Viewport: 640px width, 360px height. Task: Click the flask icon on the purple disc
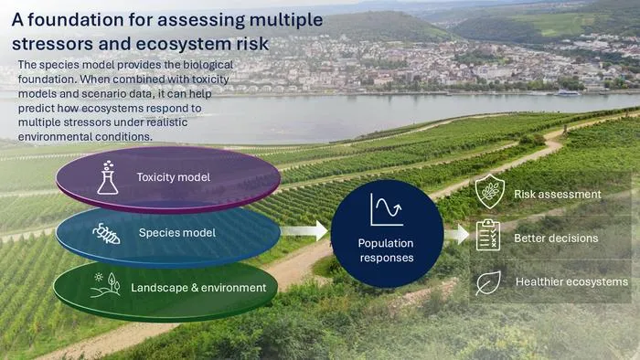point(108,177)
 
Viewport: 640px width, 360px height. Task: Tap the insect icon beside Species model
point(106,234)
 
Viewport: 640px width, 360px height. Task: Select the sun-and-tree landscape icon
point(105,284)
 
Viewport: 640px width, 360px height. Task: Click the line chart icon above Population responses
point(387,209)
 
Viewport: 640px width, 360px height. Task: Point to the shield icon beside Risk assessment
point(490,192)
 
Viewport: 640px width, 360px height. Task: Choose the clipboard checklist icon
point(488,235)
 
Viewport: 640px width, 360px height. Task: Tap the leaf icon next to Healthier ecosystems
point(488,282)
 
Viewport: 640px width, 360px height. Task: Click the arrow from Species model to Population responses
point(304,230)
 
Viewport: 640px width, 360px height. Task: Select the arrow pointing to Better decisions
point(457,235)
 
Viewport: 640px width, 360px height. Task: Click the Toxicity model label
point(174,177)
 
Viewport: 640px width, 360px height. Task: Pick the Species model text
point(177,233)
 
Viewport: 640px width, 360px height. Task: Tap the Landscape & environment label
point(198,288)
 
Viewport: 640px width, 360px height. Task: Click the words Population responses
point(386,250)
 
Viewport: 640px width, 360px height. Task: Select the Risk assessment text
point(558,194)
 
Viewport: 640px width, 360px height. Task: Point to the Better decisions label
point(556,238)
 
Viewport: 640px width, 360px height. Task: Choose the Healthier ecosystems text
point(571,281)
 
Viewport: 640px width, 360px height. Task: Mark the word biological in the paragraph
point(208,65)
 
